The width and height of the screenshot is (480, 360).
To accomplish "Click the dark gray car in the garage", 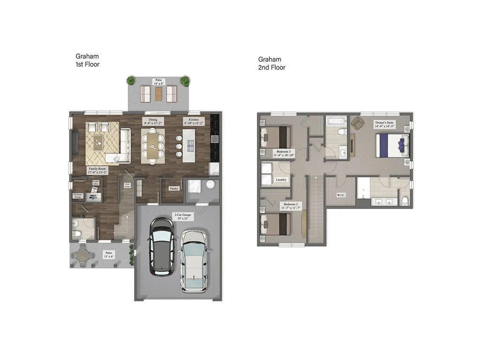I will tap(161, 246).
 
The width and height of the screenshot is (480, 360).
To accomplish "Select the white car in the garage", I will tap(194, 261).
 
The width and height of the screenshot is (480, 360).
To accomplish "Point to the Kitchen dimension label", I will tap(194, 122).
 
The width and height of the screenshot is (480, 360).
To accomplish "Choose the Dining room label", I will tap(153, 122).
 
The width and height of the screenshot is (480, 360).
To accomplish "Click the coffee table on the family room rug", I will tap(97, 142).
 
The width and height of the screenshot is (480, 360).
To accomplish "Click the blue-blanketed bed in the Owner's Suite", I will tap(392, 145).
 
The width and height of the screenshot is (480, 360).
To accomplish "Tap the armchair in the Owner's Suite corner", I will tap(358, 123).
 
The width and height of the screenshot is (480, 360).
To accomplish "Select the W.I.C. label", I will tap(341, 195).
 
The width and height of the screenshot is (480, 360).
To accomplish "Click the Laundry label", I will tap(281, 179).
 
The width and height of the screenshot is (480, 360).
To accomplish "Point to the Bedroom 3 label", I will tap(285, 153).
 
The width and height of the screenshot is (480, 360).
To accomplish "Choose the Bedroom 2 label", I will tap(290, 206).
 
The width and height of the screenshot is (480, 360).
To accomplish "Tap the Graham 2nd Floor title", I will tap(271, 63).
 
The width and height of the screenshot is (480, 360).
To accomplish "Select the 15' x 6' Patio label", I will tap(109, 255).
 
